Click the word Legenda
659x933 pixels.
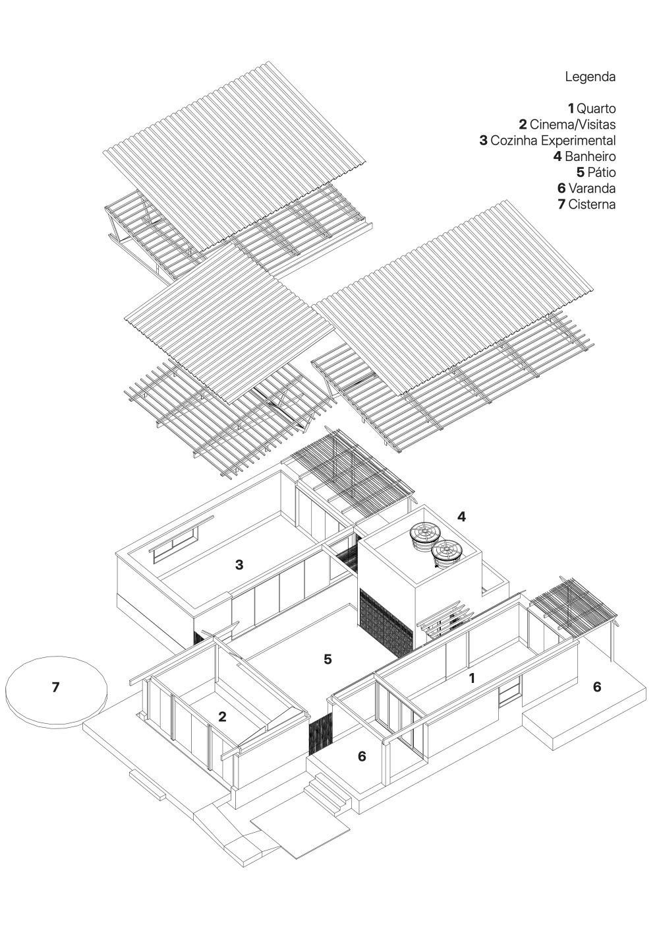pyautogui.click(x=590, y=77)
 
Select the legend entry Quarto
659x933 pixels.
pyautogui.click(x=592, y=108)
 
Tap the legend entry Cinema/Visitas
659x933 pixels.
pyautogui.click(x=567, y=124)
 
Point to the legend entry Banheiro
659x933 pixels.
pyautogui.click(x=585, y=156)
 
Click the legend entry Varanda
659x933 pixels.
pyautogui.click(x=587, y=189)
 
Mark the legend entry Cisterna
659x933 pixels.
pyautogui.click(x=587, y=205)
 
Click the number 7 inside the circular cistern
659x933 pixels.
pyautogui.click(x=55, y=687)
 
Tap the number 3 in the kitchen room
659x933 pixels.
pyautogui.click(x=239, y=564)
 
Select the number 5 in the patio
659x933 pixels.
pyautogui.click(x=328, y=659)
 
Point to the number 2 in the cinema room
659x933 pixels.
pyautogui.click(x=222, y=717)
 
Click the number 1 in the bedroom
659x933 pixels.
pyautogui.click(x=471, y=678)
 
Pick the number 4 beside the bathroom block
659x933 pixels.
pyautogui.click(x=462, y=517)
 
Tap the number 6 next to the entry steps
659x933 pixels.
pyautogui.click(x=362, y=756)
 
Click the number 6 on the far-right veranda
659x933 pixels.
pyautogui.click(x=597, y=687)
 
